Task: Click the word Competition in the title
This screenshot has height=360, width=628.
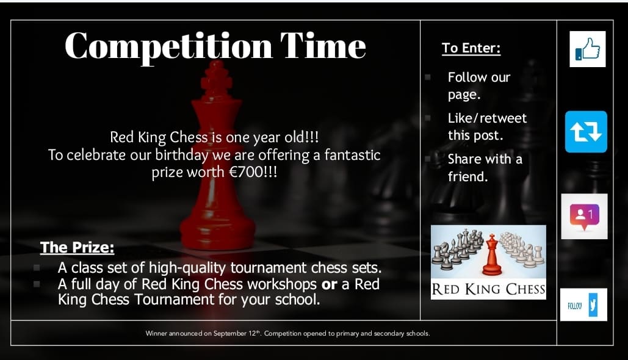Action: (167, 46)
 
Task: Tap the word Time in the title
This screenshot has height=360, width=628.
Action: (323, 46)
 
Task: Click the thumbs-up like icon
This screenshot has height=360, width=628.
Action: (587, 49)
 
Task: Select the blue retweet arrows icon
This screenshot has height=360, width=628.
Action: (586, 132)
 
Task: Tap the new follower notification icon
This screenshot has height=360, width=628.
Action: (584, 216)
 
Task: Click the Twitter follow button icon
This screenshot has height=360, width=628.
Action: (583, 304)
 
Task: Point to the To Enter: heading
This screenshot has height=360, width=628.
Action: (471, 48)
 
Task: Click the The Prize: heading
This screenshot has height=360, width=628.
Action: (77, 247)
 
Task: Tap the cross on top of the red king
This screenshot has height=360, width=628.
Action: (215, 79)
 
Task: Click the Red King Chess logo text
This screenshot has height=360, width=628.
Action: (488, 289)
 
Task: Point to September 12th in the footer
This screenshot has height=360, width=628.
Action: (239, 334)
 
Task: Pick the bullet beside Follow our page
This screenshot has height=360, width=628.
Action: (428, 77)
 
